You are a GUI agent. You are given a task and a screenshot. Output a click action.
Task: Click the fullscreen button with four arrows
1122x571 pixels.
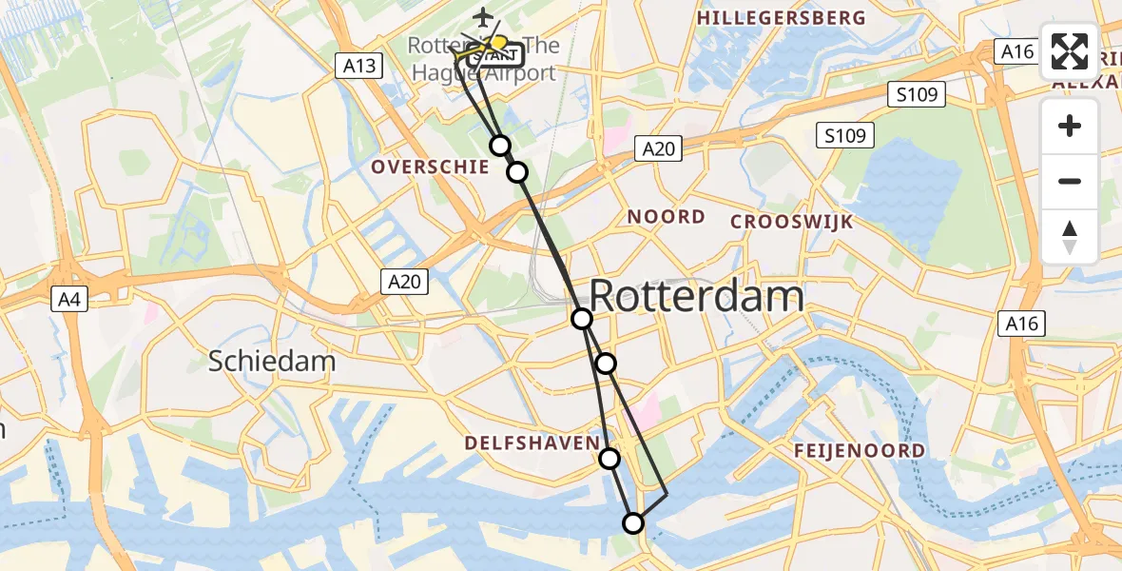click(x=1070, y=52)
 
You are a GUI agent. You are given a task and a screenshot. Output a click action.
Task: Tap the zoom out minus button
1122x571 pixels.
click(x=1070, y=181)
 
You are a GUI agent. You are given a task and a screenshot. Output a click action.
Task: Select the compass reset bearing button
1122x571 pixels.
click(x=1070, y=237)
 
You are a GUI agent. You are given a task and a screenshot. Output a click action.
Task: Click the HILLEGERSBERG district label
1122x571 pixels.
click(x=782, y=18)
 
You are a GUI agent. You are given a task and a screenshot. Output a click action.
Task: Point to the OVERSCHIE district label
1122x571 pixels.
click(x=430, y=167)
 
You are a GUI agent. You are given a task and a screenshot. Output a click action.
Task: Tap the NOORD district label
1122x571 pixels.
click(x=666, y=217)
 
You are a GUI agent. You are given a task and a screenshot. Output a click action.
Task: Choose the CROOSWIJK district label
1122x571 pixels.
click(x=792, y=222)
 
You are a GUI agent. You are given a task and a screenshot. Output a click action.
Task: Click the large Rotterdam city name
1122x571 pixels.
click(x=697, y=297)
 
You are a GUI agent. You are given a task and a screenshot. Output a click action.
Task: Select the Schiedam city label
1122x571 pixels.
click(x=272, y=362)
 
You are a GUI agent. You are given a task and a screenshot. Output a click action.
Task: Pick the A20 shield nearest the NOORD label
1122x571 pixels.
click(x=658, y=148)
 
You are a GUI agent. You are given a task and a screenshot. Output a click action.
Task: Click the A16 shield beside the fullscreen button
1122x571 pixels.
click(x=1016, y=51)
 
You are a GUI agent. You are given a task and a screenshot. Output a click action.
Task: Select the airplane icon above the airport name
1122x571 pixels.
click(x=484, y=18)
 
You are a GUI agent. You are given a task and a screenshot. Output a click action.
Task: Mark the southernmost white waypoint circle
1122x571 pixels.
click(x=633, y=522)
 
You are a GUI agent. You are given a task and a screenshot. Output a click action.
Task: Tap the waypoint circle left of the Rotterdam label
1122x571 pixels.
click(x=582, y=319)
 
